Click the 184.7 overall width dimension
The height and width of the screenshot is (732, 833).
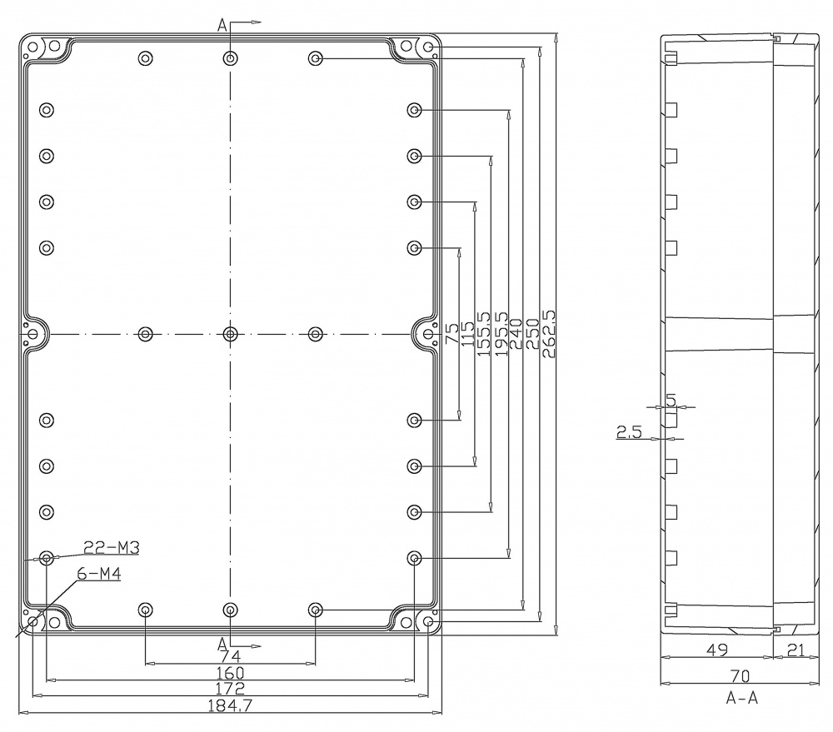coord(230,705)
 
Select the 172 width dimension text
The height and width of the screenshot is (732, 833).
coord(230,688)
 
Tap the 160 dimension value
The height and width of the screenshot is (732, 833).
coord(230,672)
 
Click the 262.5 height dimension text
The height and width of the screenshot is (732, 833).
coord(548,334)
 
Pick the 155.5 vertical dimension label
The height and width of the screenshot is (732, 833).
coord(484,334)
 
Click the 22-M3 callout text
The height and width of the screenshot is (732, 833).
coord(112,547)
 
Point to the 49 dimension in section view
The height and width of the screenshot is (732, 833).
coord(717,650)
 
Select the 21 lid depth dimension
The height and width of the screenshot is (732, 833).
coord(796,650)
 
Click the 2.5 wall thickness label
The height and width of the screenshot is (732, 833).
coord(628,431)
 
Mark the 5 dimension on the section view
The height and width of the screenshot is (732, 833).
coord(671,399)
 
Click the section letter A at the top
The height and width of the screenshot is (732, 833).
coord(222,25)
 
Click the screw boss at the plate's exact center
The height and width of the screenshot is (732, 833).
coord(231,334)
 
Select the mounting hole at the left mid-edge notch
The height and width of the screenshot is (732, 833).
coord(33,334)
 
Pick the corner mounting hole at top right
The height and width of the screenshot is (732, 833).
coord(428,47)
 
